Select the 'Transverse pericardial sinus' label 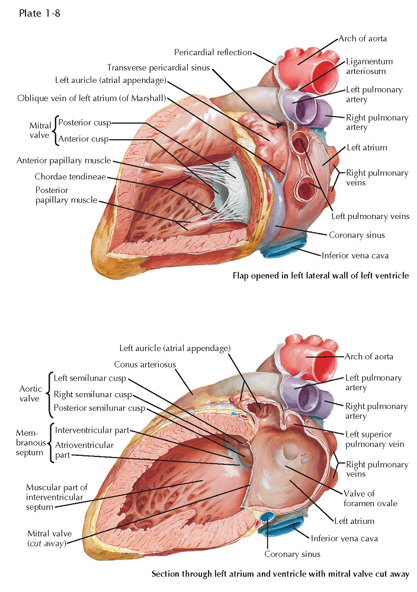pos(159,67)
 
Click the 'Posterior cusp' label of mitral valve pos(84,123)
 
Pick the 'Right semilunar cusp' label pos(92,394)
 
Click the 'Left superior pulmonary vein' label pos(376,439)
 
